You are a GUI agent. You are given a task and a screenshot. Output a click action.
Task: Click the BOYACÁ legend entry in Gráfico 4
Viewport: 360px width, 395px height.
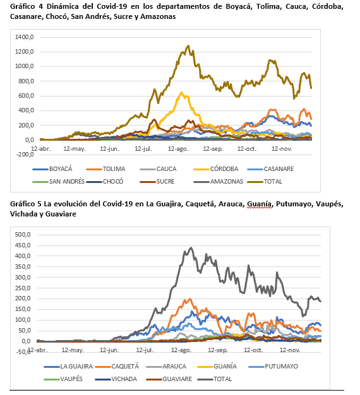tap(52, 168)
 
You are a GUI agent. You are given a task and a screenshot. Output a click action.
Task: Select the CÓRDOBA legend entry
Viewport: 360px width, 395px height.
tap(216, 168)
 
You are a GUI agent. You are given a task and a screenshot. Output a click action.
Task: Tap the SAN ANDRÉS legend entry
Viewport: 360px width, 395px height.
tap(59, 181)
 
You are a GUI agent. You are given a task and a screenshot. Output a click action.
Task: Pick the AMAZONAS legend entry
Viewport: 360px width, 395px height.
tap(219, 181)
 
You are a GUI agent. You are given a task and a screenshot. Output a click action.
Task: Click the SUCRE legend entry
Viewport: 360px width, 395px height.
tap(157, 181)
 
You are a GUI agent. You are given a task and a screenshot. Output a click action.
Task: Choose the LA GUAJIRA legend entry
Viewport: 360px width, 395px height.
tap(68, 366)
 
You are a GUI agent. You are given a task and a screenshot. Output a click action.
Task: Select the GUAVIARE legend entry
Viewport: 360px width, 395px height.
tap(169, 379)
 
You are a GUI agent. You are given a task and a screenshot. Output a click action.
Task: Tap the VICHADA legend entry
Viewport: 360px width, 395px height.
tap(116, 379)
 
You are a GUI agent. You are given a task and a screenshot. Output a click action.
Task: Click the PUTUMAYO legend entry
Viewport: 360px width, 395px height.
tap(273, 366)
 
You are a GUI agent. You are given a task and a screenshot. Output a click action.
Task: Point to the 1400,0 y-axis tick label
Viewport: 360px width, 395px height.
tap(24, 37)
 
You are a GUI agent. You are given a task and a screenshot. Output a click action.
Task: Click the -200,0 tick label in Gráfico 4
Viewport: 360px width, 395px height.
tap(25, 155)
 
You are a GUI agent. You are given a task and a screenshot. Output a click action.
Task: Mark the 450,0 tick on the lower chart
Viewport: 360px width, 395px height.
tap(23, 245)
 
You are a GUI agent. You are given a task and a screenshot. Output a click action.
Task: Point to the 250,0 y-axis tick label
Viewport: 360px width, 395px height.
tap(23, 288)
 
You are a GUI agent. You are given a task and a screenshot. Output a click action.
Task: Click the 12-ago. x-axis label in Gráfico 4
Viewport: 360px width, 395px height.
tap(178, 149)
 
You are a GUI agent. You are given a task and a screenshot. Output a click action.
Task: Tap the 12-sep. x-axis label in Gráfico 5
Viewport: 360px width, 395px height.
tap(218, 350)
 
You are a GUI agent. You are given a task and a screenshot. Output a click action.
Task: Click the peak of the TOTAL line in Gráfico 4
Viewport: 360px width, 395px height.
tap(188, 46)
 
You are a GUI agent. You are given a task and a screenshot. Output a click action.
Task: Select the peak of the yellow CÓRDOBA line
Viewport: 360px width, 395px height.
tap(181, 93)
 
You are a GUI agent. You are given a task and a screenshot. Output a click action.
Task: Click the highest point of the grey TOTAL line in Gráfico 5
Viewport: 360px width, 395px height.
tap(191, 247)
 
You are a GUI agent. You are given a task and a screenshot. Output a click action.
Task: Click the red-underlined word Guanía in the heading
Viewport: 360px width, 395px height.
tap(260, 204)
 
